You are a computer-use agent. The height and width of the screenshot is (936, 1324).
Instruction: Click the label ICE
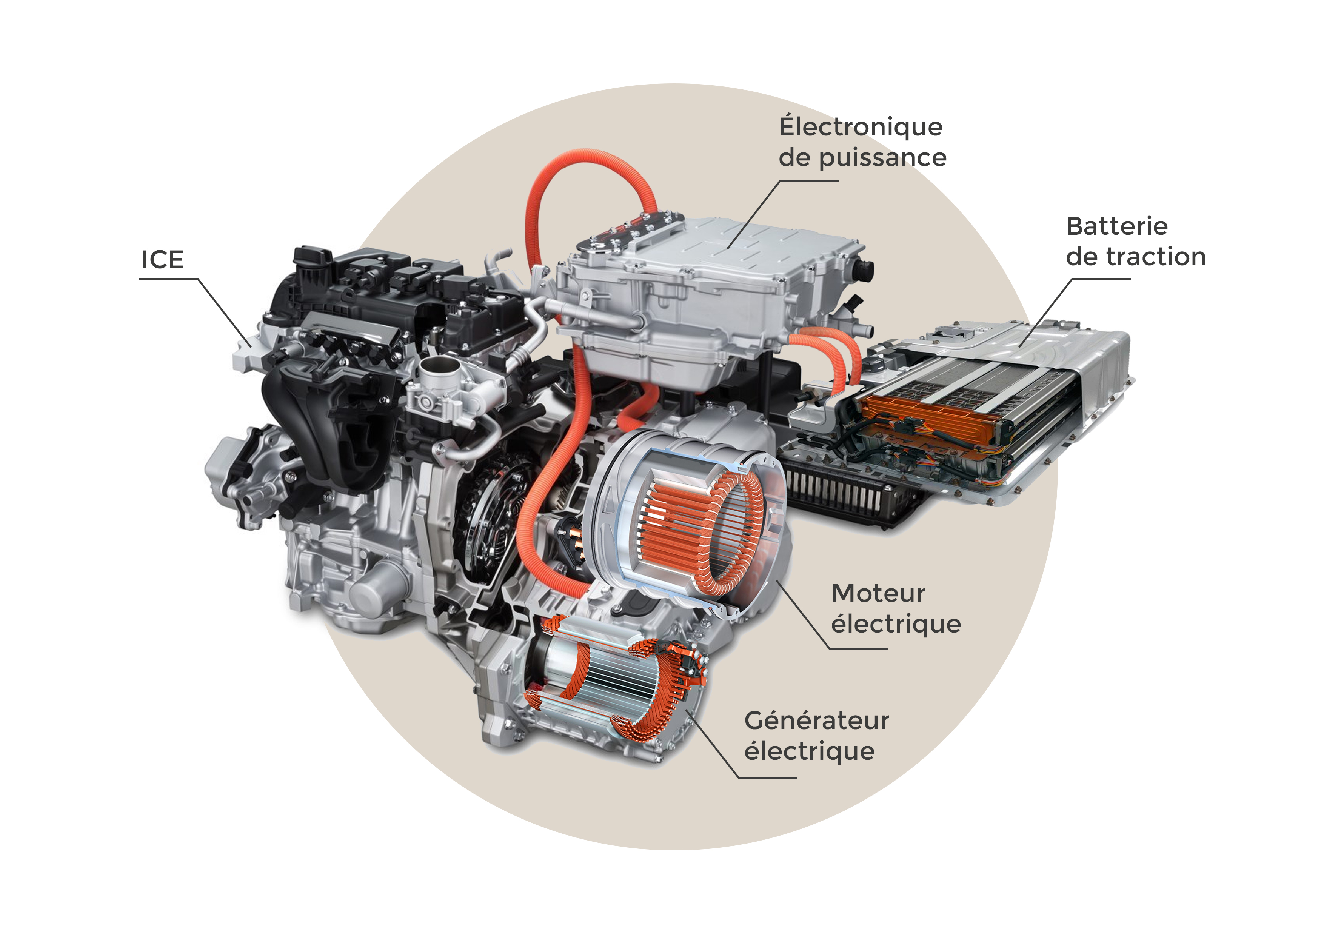pyautogui.click(x=163, y=260)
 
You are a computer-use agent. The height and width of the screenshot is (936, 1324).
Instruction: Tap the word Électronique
pyautogui.click(x=861, y=126)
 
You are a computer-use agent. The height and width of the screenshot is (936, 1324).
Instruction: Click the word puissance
pyautogui.click(x=883, y=158)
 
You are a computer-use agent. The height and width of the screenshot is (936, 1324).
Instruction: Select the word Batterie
pyautogui.click(x=1117, y=226)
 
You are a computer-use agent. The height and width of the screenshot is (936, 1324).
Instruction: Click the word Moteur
pyautogui.click(x=878, y=593)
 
